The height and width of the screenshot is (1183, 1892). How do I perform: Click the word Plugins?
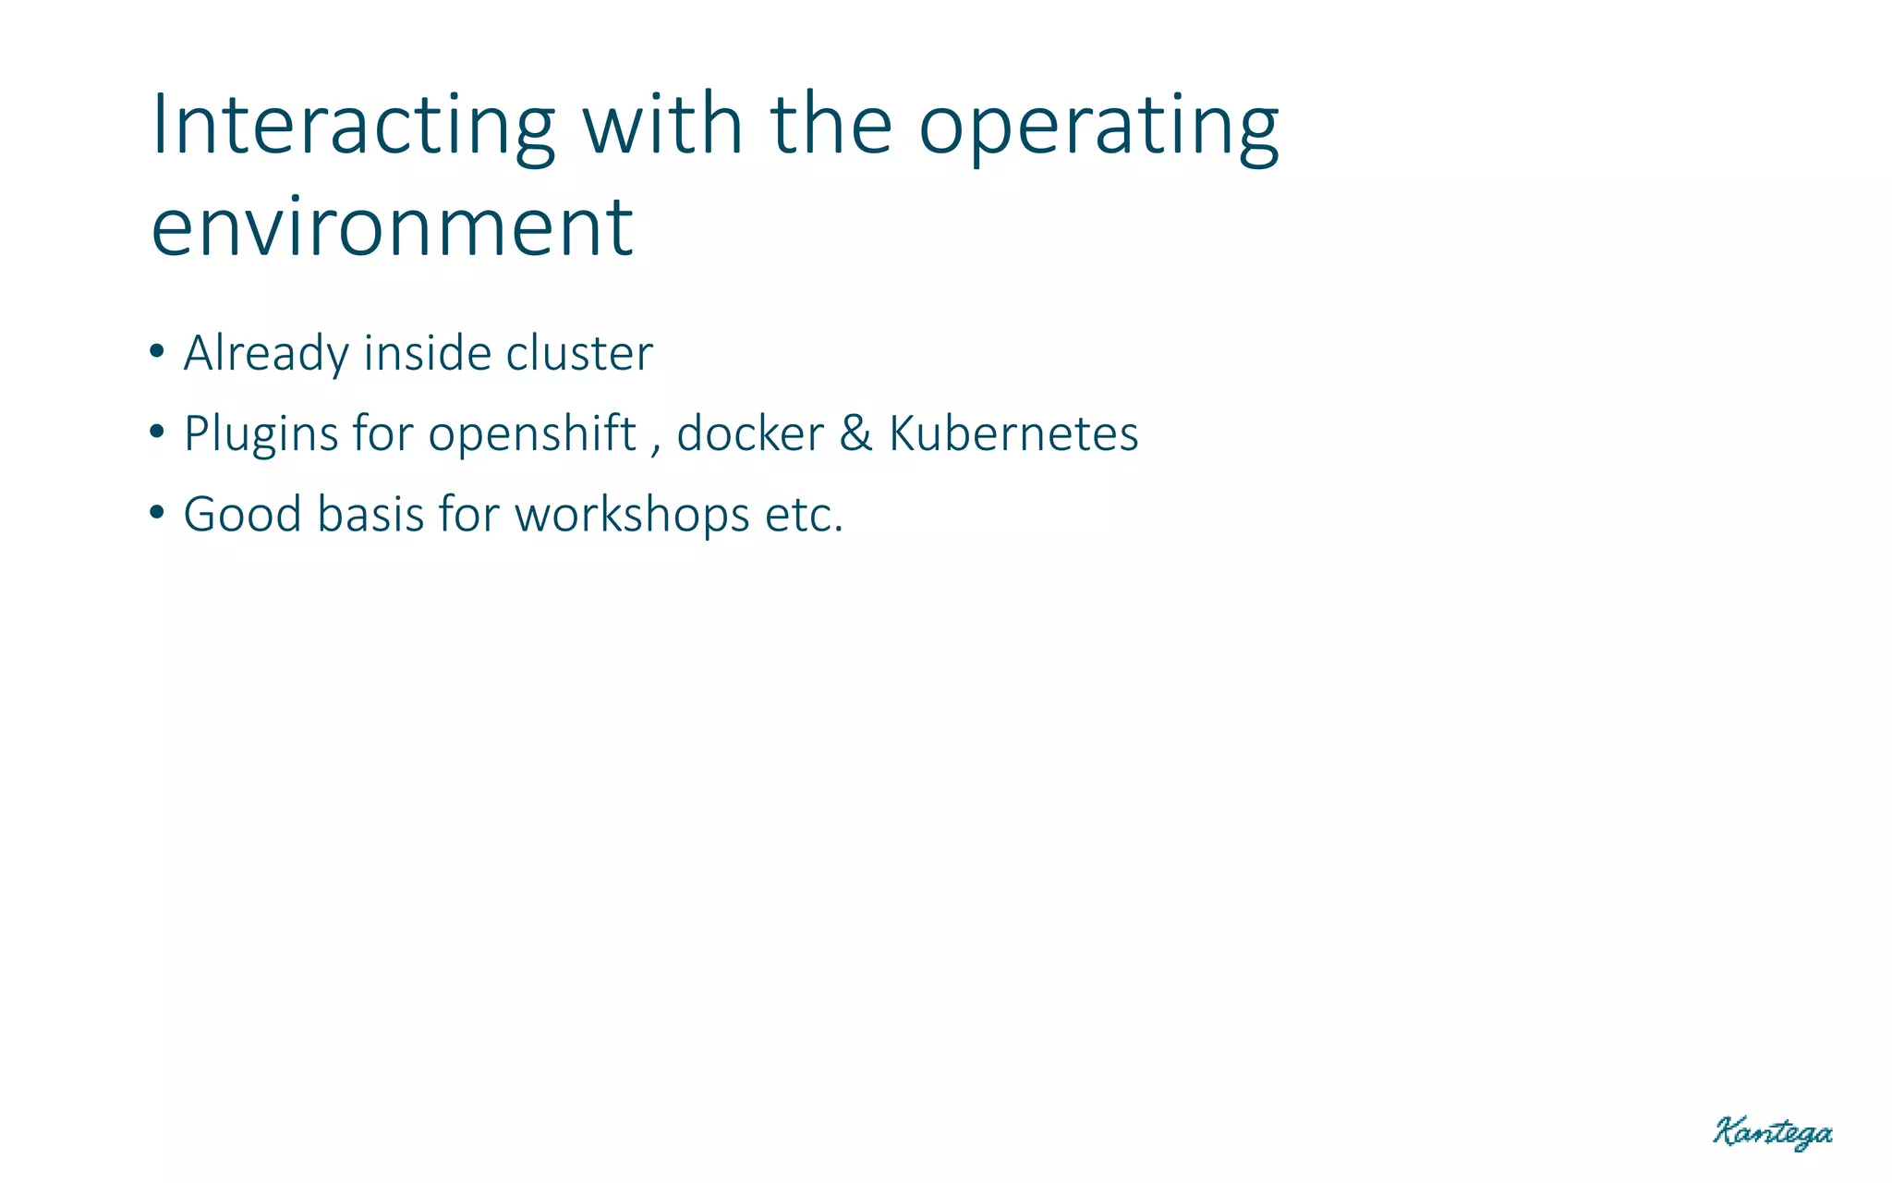261,434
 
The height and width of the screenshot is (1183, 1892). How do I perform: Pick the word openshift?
532,434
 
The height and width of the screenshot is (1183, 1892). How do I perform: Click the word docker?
749,434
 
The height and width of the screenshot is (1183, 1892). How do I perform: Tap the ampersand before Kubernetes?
855,434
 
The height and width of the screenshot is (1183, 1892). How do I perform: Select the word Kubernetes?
1013,434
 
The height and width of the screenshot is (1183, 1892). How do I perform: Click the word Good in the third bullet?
242,515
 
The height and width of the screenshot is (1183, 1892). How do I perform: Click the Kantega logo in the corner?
1772,1132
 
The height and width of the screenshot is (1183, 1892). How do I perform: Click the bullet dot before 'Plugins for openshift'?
157,432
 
